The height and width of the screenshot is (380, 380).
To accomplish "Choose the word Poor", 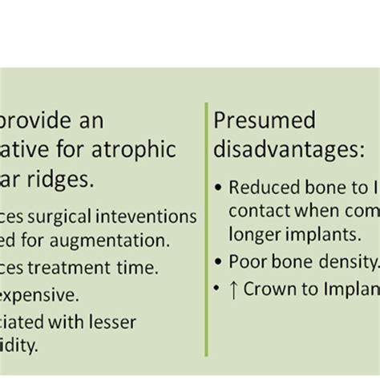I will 245,261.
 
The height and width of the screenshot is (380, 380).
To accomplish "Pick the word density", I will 346,261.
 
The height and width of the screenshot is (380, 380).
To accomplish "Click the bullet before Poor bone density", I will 219,261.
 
